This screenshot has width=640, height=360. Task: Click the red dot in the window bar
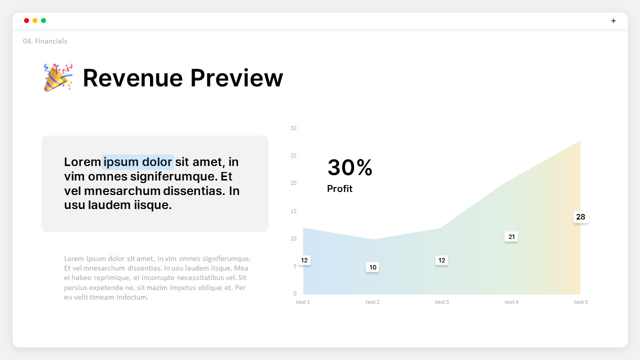pyautogui.click(x=26, y=20)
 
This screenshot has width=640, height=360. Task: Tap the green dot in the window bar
pyautogui.click(x=43, y=20)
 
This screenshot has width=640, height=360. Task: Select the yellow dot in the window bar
pyautogui.click(x=35, y=20)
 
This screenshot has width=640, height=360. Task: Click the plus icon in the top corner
pyautogui.click(x=613, y=20)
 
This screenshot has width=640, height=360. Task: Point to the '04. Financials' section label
pyautogui.click(x=45, y=41)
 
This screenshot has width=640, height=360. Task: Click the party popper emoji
pyautogui.click(x=58, y=77)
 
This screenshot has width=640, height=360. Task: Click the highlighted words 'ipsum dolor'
pyautogui.click(x=137, y=162)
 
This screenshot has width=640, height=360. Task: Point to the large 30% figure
pyautogui.click(x=349, y=167)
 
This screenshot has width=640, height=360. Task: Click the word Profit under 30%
pyautogui.click(x=339, y=188)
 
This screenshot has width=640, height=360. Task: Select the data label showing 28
pyautogui.click(x=580, y=217)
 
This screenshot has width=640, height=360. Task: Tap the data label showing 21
pyautogui.click(x=511, y=236)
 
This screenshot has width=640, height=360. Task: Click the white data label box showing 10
pyautogui.click(x=372, y=267)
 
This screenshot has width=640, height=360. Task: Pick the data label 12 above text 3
pyautogui.click(x=441, y=260)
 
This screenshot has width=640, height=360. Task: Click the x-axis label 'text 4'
pyautogui.click(x=511, y=302)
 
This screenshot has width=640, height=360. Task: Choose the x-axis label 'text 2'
pyautogui.click(x=372, y=302)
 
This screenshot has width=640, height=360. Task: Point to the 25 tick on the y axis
pyautogui.click(x=293, y=155)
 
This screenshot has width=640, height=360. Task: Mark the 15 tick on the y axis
pyautogui.click(x=293, y=211)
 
